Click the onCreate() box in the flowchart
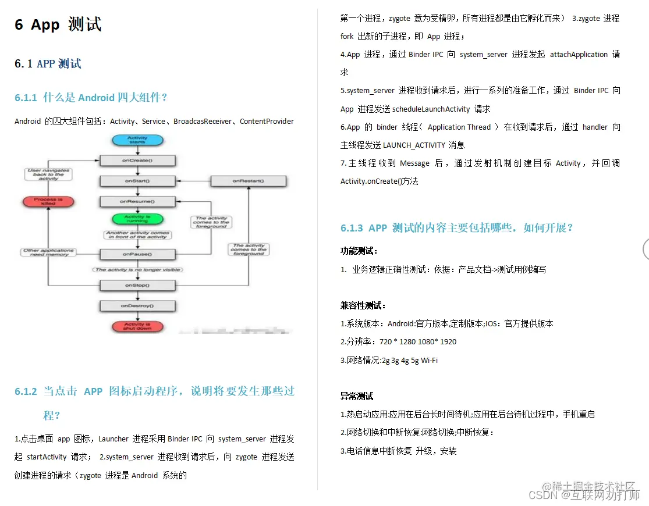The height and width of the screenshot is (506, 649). click(x=137, y=159)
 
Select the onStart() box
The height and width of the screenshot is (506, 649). click(x=137, y=181)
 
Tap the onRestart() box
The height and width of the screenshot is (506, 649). click(x=248, y=181)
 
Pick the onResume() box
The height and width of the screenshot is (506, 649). click(x=137, y=201)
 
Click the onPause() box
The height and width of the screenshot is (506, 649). click(x=137, y=254)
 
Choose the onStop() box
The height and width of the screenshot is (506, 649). click(x=137, y=286)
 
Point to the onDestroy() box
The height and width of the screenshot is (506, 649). click(x=137, y=305)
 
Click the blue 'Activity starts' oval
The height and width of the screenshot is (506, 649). click(x=137, y=140)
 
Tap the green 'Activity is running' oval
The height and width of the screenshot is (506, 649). click(x=137, y=219)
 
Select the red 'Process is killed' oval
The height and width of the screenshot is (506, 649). click(x=49, y=201)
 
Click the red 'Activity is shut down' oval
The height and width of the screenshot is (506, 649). click(x=137, y=326)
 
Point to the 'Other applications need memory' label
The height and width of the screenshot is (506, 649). click(x=49, y=252)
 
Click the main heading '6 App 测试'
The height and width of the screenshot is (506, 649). click(x=58, y=24)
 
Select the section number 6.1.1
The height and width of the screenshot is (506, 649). click(x=26, y=97)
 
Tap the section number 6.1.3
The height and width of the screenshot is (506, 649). click(x=352, y=228)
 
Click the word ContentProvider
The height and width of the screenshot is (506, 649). click(x=267, y=121)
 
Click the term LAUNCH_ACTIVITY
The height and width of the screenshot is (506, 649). click(x=414, y=145)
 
